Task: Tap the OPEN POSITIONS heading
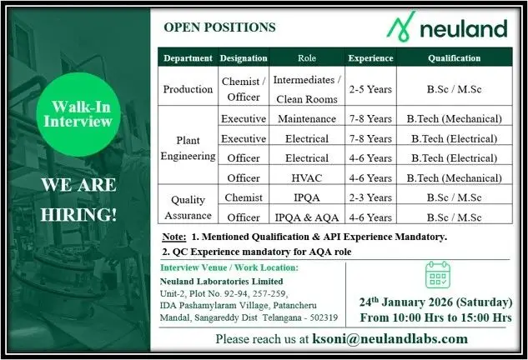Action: click(x=219, y=27)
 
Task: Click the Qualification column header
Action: click(x=454, y=58)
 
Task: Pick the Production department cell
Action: click(x=189, y=88)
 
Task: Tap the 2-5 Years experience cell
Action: click(x=370, y=88)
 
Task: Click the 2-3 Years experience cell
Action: click(x=370, y=197)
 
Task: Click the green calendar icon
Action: click(x=437, y=275)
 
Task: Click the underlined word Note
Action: click(x=174, y=237)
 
